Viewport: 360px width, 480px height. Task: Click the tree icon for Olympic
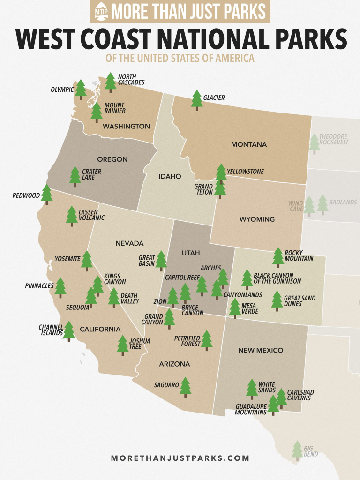tap(81, 89)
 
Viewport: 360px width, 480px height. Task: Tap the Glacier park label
tap(214, 98)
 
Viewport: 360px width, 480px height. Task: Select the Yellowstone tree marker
tap(221, 173)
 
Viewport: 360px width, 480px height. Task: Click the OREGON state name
tap(112, 159)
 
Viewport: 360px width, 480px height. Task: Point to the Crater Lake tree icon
tap(75, 176)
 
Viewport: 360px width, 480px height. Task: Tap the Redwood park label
tap(26, 195)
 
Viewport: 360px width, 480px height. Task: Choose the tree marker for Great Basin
tap(161, 260)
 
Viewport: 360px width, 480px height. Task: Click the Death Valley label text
tap(129, 299)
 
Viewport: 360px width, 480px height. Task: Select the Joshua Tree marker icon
tap(123, 345)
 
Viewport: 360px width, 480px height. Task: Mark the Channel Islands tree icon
tap(69, 330)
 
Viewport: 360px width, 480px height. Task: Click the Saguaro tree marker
tap(186, 387)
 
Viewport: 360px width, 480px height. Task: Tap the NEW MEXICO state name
tap(261, 351)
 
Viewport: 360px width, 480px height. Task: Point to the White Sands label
tap(267, 387)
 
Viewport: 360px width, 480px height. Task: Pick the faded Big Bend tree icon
tap(297, 450)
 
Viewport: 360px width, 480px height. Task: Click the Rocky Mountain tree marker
tap(278, 257)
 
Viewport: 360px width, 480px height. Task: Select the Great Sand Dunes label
tap(300, 301)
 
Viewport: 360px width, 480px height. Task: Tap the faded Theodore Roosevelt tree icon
tap(315, 143)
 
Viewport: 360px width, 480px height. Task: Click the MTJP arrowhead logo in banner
tap(101, 11)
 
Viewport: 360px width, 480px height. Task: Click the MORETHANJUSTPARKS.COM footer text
tap(180, 458)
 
